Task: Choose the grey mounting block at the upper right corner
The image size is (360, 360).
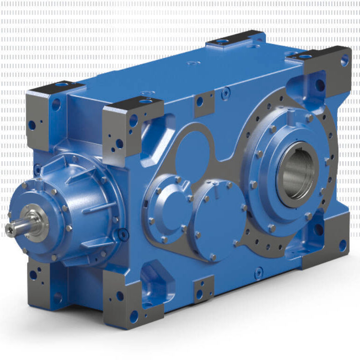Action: click(x=326, y=75)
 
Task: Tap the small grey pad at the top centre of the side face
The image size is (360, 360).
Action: click(x=204, y=104)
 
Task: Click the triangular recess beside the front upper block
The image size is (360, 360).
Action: click(x=155, y=136)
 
